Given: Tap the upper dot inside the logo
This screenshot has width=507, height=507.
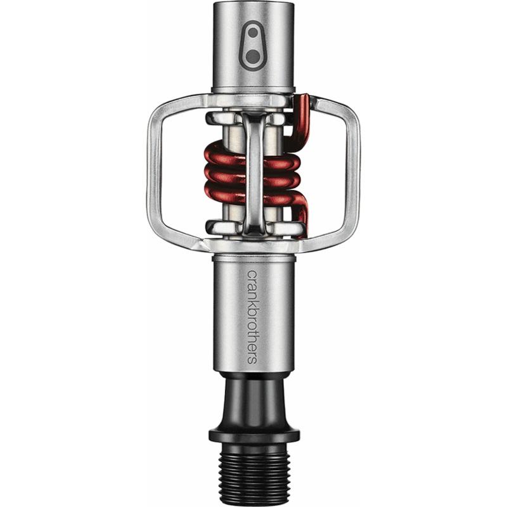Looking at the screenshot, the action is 252,33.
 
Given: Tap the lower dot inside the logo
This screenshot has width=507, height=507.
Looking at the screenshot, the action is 252,57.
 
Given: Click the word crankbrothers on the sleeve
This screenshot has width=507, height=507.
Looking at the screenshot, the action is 252,318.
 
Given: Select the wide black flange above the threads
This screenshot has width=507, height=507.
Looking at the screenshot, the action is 254,436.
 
